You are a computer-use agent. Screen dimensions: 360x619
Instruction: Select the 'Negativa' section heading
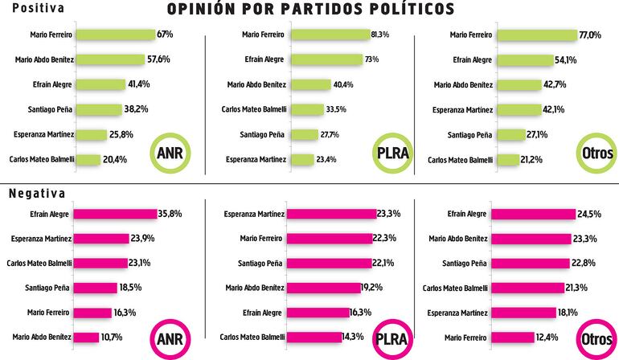pyautogui.click(x=37, y=194)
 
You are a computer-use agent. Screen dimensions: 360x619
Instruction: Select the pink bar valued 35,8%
pyautogui.click(x=117, y=215)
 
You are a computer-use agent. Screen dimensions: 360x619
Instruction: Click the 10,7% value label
pyautogui.click(x=112, y=338)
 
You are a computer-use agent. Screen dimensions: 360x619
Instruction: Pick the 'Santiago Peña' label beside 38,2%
pyautogui.click(x=51, y=109)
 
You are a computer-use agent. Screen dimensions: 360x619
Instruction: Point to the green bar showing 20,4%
pyautogui.click(x=88, y=159)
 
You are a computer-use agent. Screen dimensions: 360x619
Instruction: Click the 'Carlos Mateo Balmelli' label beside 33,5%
pyautogui.click(x=253, y=109)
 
